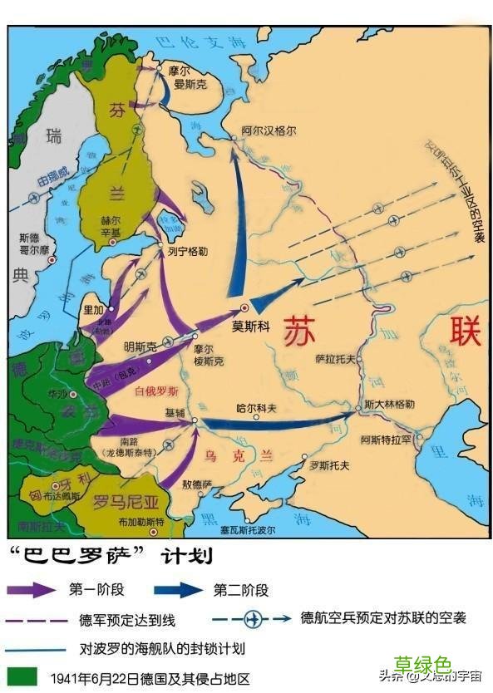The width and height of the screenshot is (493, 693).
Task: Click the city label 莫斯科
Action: point(250,327)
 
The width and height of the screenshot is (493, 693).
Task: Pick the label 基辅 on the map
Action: point(176,412)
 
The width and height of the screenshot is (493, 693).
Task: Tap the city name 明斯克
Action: point(140,346)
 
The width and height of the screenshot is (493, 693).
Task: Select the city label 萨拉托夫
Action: point(336,358)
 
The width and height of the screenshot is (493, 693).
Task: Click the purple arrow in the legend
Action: point(32,590)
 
